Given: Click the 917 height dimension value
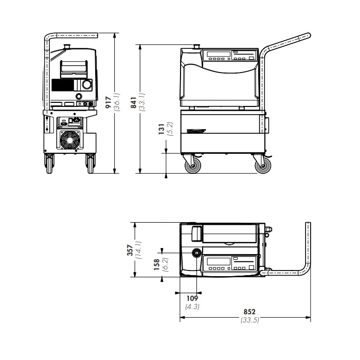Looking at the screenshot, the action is (108, 102).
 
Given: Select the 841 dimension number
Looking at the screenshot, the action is (133, 102).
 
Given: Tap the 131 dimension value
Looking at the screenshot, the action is (161, 129).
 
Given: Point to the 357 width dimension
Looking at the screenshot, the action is (130, 250).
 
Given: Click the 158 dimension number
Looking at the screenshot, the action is (156, 264).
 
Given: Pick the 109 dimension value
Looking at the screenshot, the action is (192, 298).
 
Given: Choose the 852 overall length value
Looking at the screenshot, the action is (249, 312).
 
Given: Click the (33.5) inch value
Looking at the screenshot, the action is (250, 320).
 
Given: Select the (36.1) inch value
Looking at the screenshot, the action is (117, 102).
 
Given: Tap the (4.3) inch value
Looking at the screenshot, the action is (192, 307).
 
